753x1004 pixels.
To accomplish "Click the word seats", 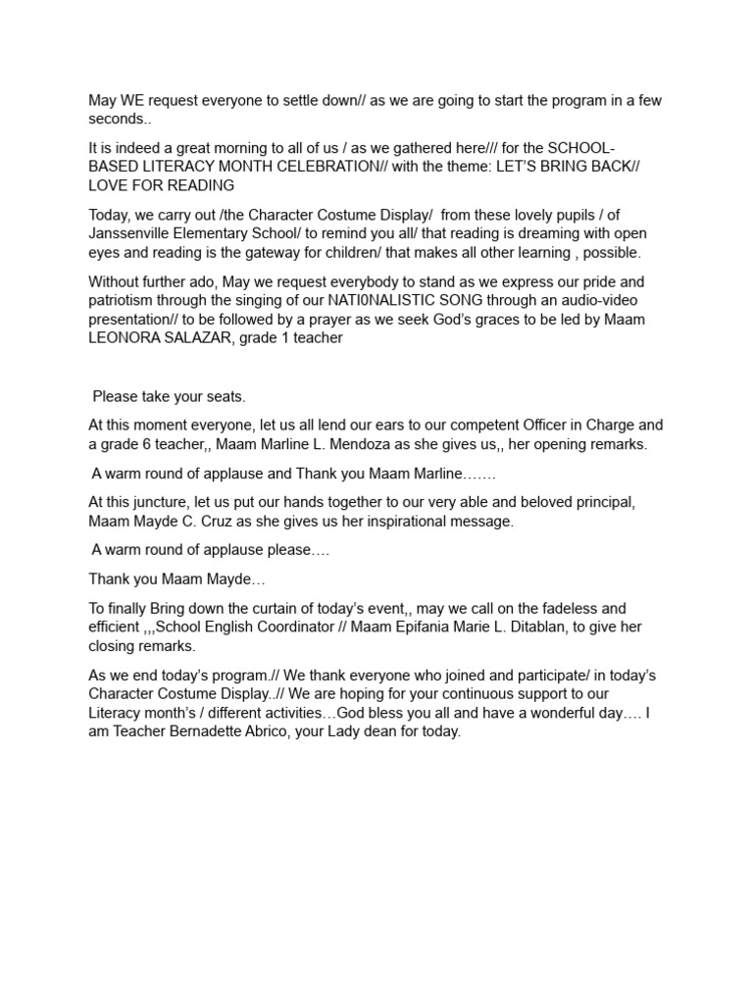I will point(224,397).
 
